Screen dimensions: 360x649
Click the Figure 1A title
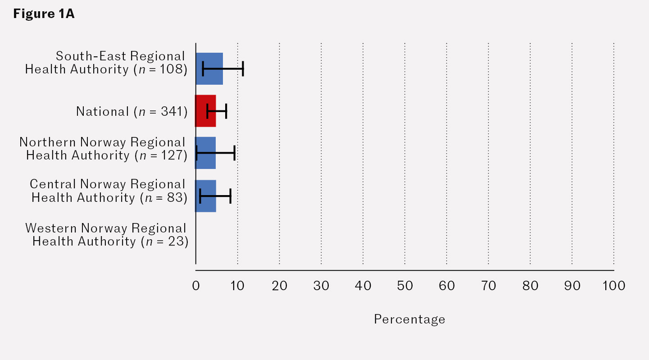coord(44,14)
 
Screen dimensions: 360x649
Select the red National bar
coord(205,111)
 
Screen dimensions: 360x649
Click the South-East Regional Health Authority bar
coord(209,68)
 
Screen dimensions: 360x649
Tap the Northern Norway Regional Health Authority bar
coord(205,153)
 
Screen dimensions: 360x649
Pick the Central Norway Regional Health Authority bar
coord(205,196)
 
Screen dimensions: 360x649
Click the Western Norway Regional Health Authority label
coord(106,234)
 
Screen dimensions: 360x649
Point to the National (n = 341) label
coord(132,111)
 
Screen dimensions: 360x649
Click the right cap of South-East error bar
coord(243,68)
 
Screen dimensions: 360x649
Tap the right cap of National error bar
coord(226,111)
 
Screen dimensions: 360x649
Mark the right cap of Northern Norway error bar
coord(235,153)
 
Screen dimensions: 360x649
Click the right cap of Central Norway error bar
coord(231,196)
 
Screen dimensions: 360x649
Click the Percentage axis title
coord(409,319)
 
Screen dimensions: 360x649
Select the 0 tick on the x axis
coord(196,286)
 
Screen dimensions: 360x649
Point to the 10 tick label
coord(237,286)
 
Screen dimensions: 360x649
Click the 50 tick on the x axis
coord(405,286)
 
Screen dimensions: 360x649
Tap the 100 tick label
coord(613,286)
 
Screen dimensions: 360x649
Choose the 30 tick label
coord(321,286)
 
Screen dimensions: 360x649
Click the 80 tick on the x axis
coord(530,286)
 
